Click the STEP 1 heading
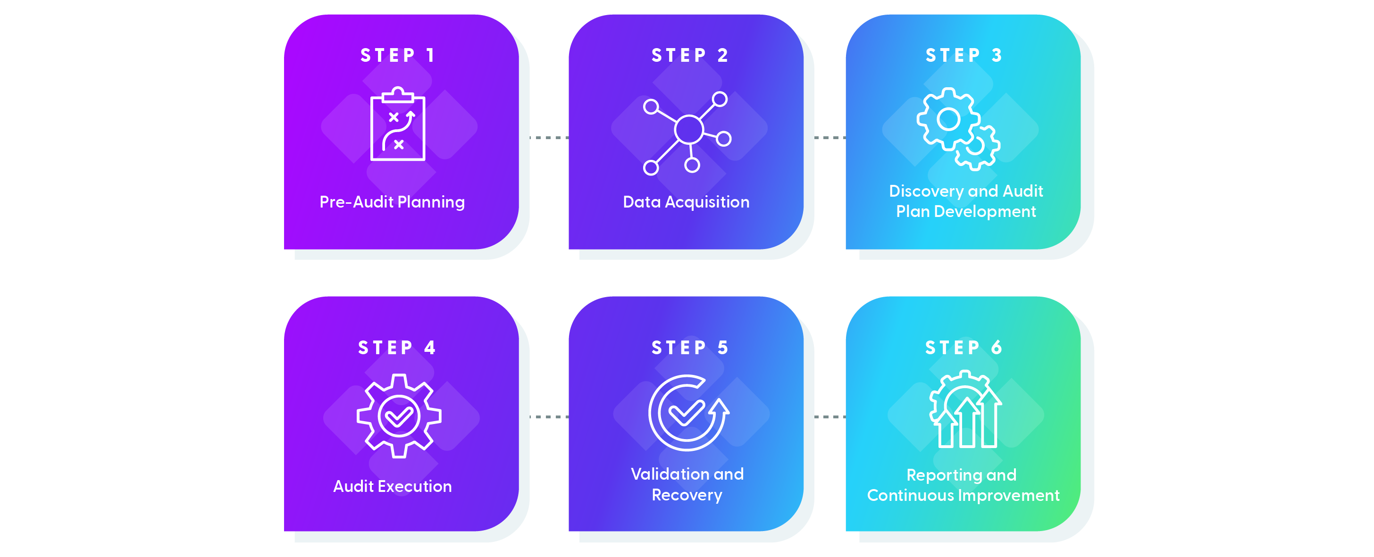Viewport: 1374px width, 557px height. [x=397, y=56]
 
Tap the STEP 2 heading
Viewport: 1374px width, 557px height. [x=689, y=56]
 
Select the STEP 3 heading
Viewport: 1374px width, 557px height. [x=963, y=56]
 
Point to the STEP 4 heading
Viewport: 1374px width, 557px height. [x=397, y=348]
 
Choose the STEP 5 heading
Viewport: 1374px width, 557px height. [x=689, y=348]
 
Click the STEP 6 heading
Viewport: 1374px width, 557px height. [x=963, y=348]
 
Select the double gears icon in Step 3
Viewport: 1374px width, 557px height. [x=957, y=128]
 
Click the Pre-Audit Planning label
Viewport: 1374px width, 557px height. [x=392, y=202]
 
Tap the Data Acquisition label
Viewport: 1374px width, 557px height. [x=687, y=202]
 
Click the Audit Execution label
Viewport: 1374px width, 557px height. [x=393, y=486]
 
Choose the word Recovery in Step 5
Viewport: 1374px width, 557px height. [x=687, y=495]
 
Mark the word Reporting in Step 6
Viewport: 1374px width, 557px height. [x=935, y=474]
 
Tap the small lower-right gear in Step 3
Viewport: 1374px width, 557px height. [x=976, y=147]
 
